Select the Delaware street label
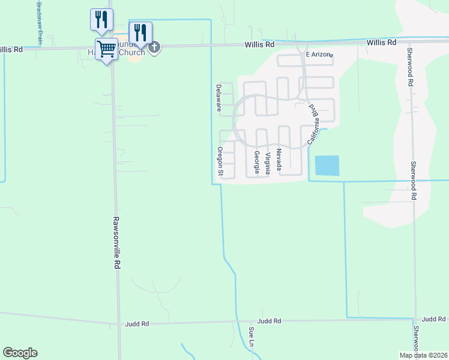pos(219,98)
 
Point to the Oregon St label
pos(220,162)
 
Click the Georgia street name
pos(257,163)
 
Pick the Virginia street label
pos(268,163)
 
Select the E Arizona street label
pos(319,55)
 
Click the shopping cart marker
pos(107,49)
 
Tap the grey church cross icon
pos(154,47)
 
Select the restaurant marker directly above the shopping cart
pos(101,19)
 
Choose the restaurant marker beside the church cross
pos(140,32)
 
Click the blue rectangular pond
pos(327,166)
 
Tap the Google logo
pos(20,353)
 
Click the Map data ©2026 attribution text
pos(423,355)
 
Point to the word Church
pos(133,52)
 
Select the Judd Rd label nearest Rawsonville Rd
pos(137,324)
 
